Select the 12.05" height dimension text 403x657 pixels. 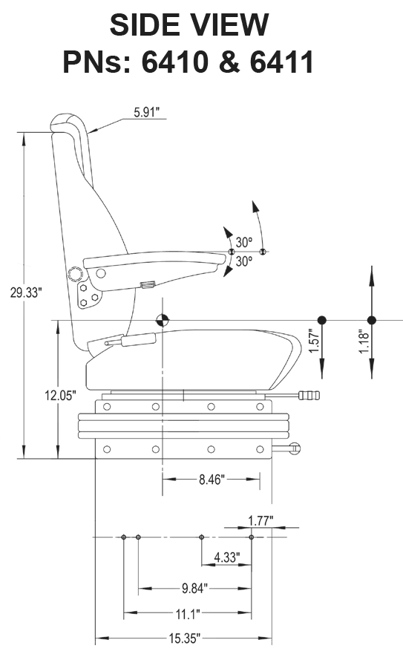tap(59, 396)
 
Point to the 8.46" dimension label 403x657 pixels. tap(214, 480)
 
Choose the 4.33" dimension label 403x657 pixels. tap(226, 556)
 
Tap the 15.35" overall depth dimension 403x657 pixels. tap(183, 638)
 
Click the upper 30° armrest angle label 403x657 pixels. tap(244, 242)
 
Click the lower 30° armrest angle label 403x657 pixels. tap(244, 261)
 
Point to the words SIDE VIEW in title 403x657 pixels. tap(189, 25)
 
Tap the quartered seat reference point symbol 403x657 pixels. tap(162, 320)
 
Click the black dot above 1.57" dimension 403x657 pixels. tap(321, 320)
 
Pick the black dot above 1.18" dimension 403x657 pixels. tap(372, 320)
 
